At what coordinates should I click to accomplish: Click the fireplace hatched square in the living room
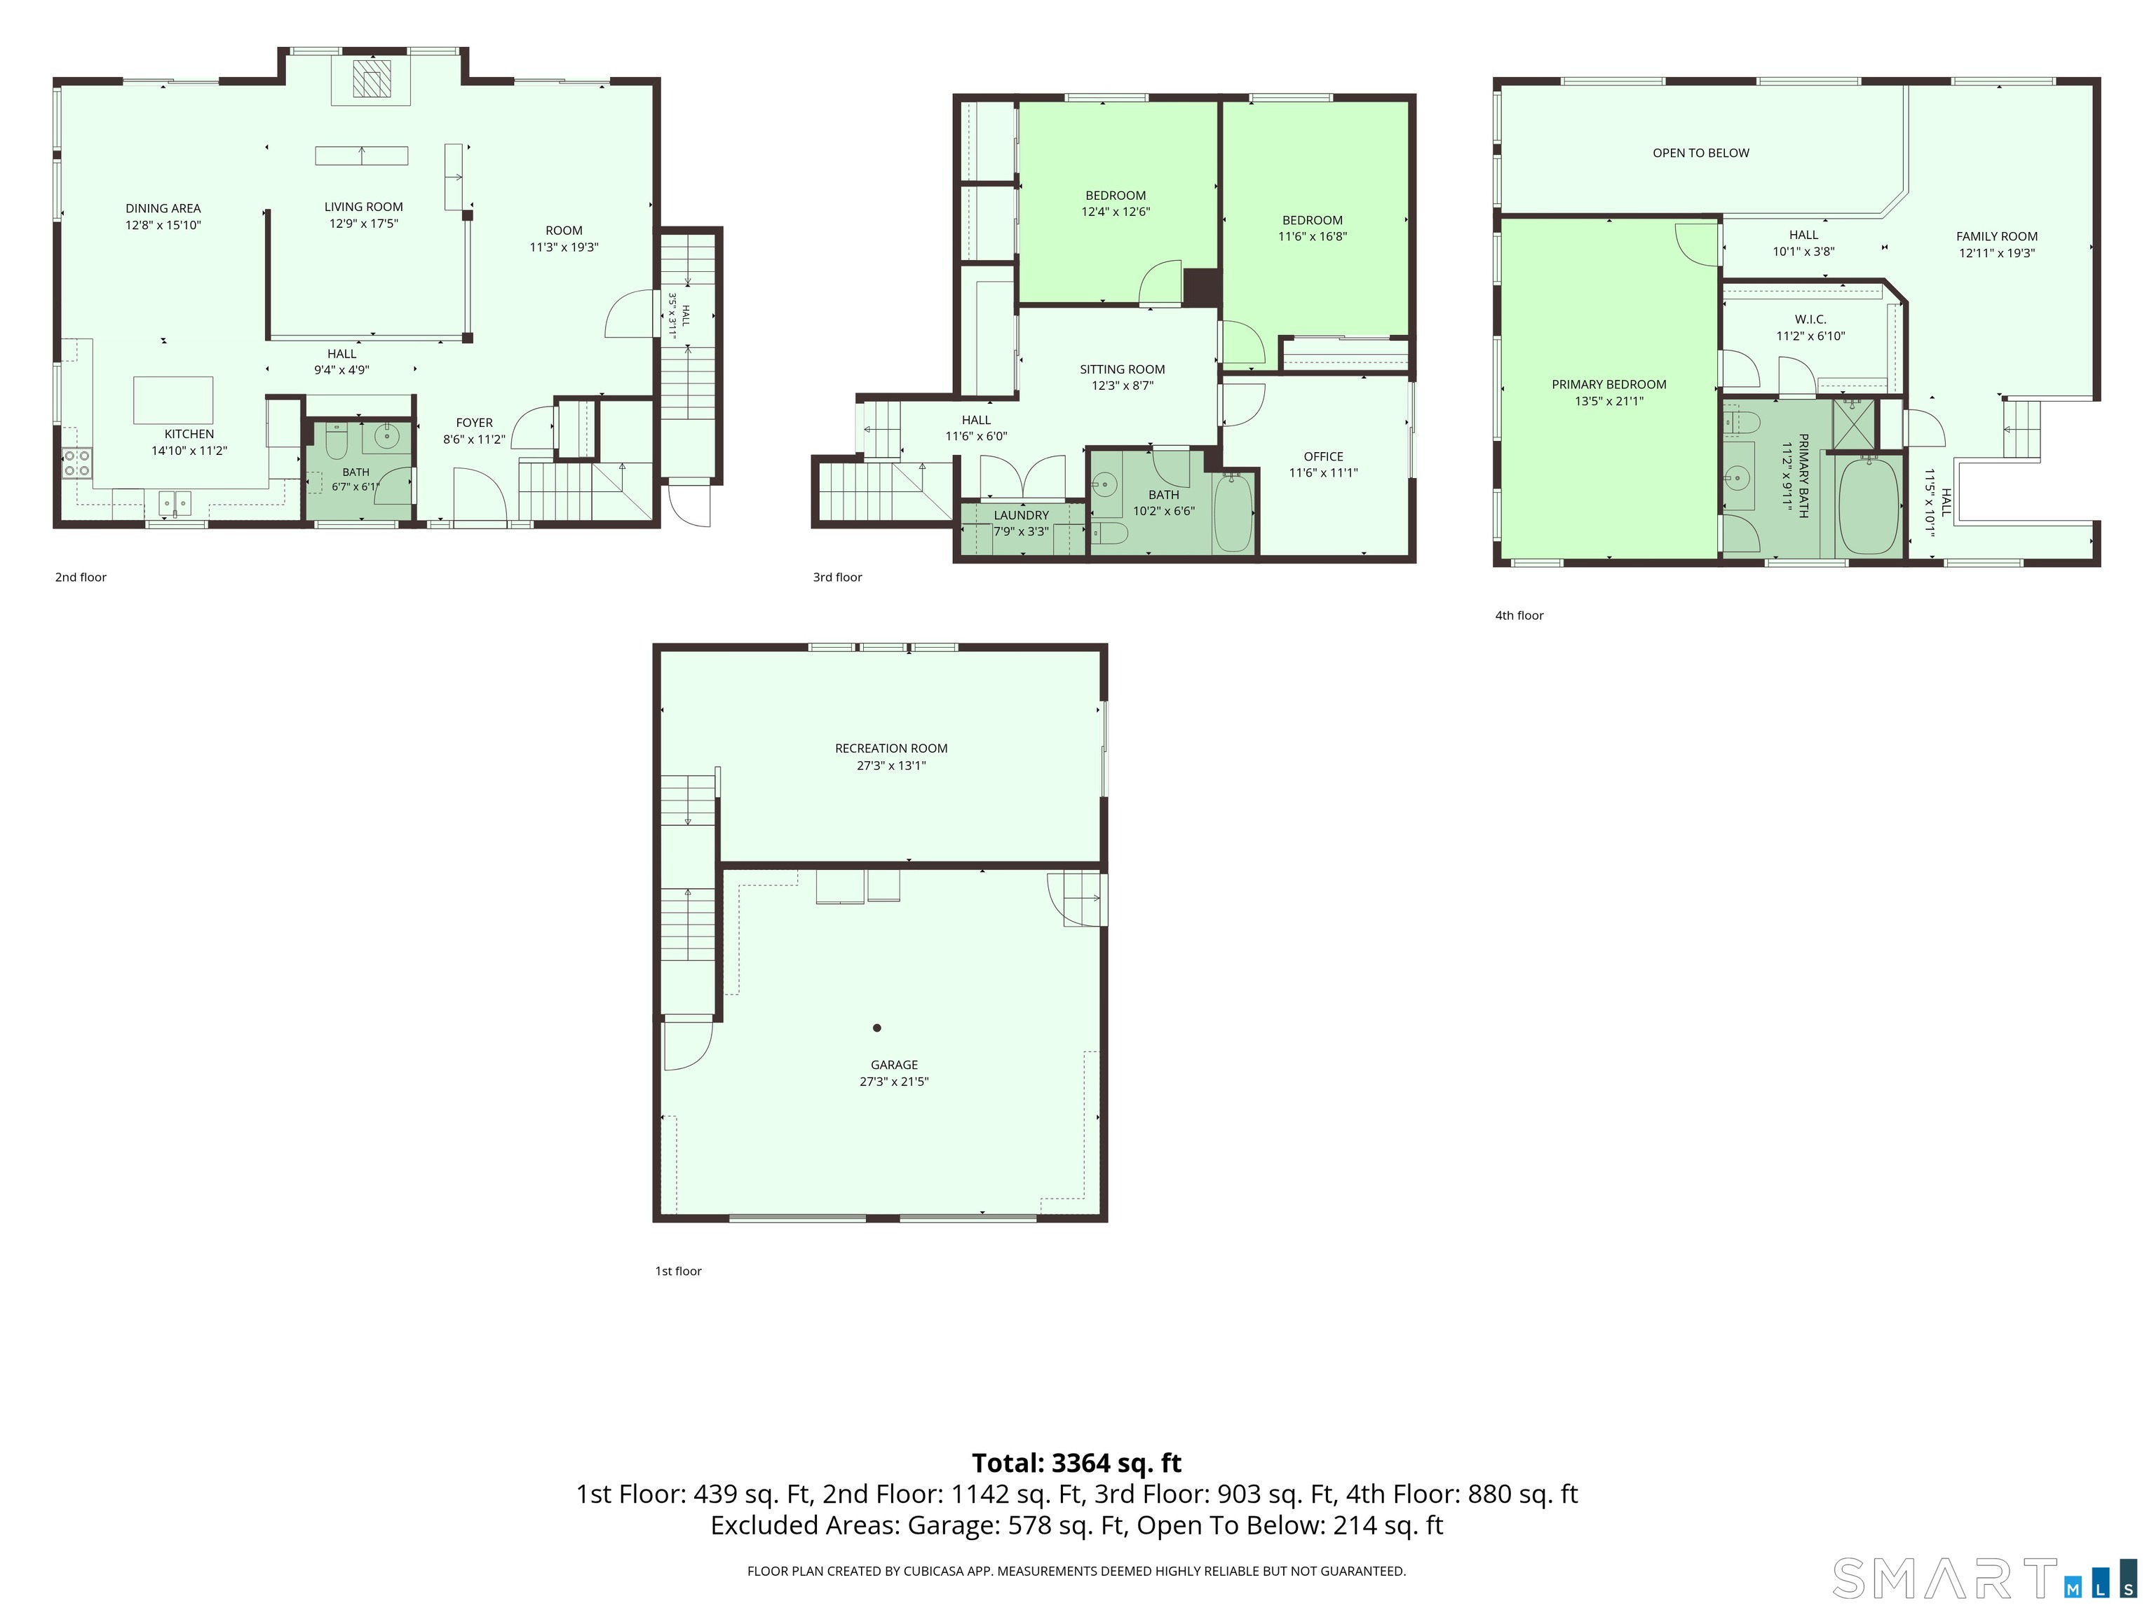371,78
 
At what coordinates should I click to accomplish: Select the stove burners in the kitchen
78,463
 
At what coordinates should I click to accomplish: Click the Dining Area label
163,208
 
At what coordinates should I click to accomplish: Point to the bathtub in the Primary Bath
1869,505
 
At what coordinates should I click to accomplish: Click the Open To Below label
1701,153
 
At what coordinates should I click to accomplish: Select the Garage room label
894,1065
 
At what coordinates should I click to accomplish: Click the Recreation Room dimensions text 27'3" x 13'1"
891,765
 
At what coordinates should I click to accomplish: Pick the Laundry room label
1022,515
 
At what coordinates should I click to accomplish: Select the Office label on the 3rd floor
1323,456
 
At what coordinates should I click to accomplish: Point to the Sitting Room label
1122,369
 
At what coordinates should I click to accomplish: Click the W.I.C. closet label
1810,320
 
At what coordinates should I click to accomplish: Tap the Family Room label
1997,236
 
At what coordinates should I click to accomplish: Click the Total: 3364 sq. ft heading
1077,1463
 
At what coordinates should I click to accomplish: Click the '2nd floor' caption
81,578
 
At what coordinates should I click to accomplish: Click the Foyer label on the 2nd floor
474,423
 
